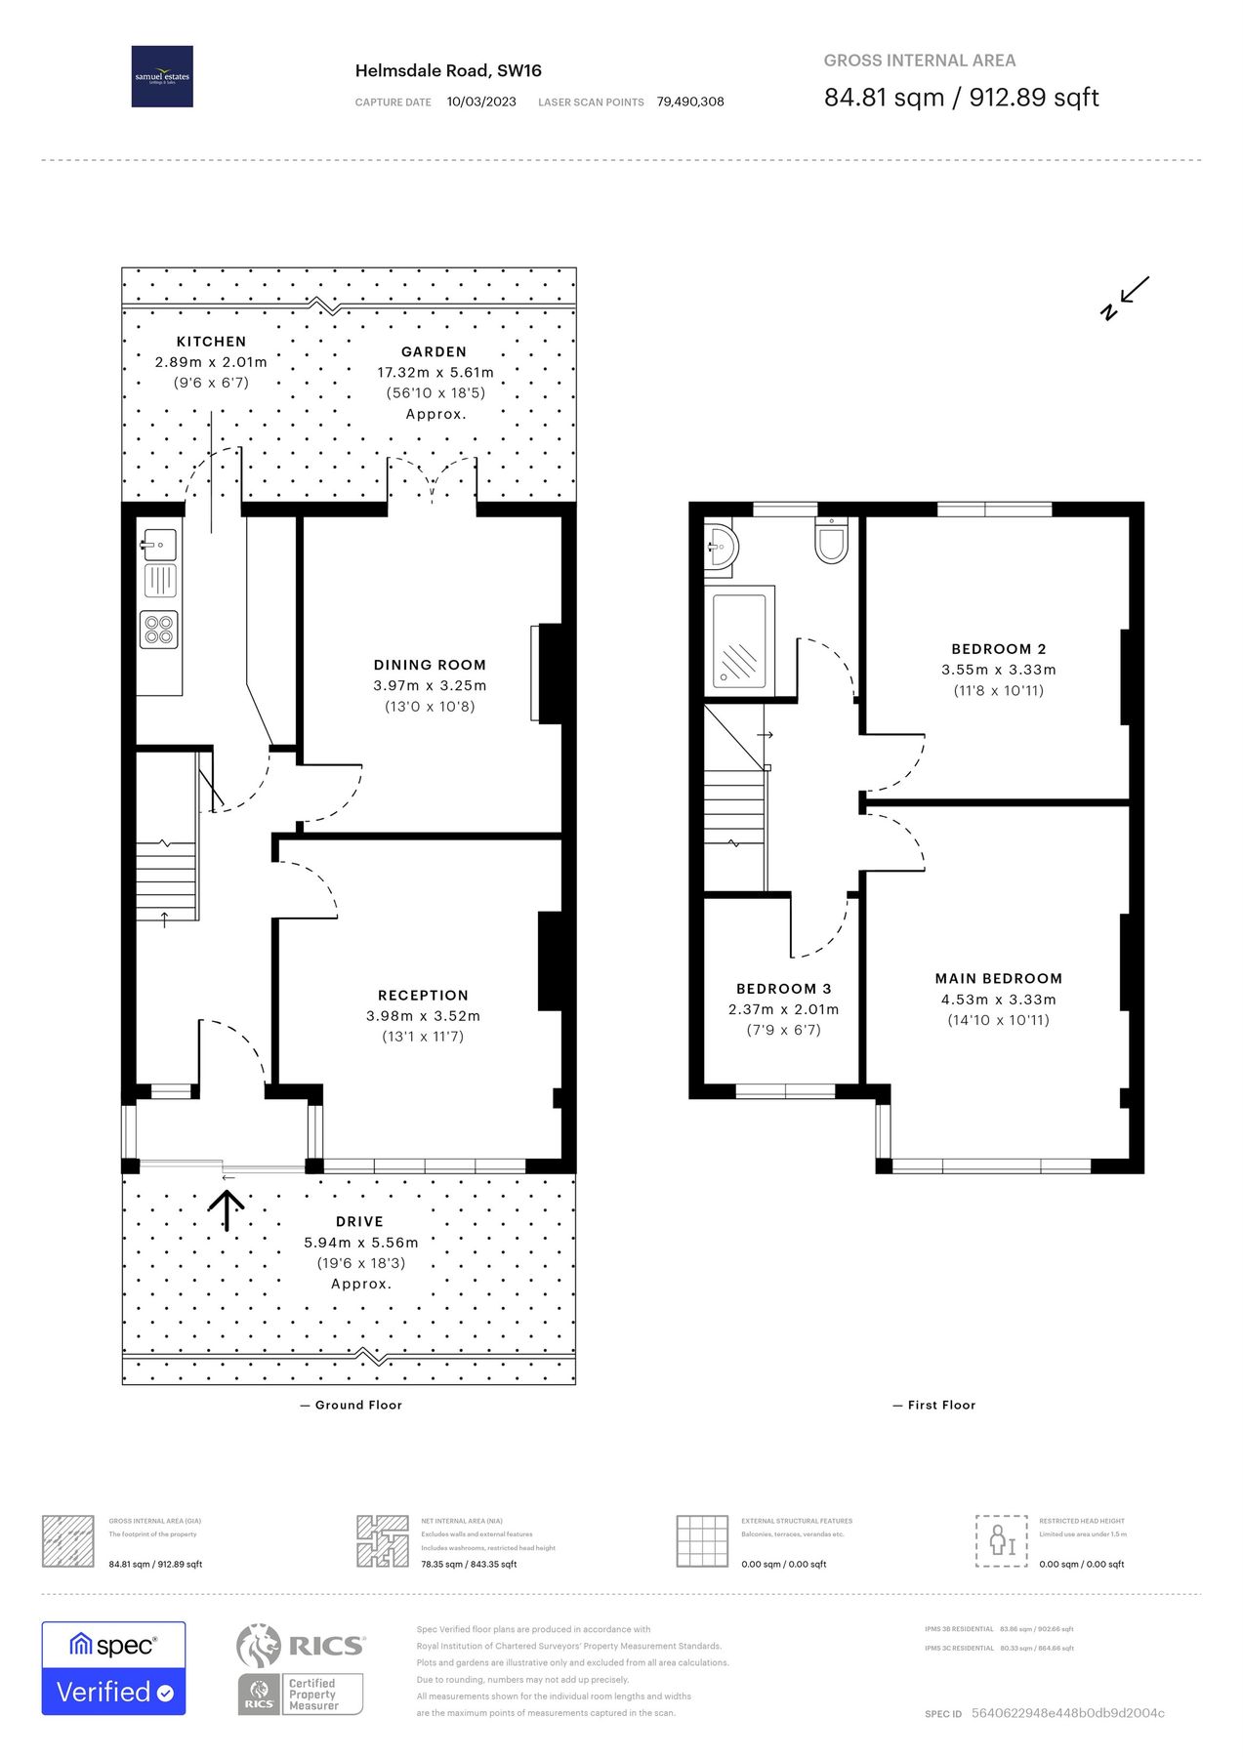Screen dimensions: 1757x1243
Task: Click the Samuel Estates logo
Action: pyautogui.click(x=162, y=76)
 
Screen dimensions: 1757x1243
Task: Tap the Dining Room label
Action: pyautogui.click(x=430, y=665)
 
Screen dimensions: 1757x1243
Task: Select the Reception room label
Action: pyautogui.click(x=423, y=995)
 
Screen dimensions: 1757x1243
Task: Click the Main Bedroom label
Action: pyautogui.click(x=998, y=978)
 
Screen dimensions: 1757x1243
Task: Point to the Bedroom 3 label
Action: pyautogui.click(x=783, y=989)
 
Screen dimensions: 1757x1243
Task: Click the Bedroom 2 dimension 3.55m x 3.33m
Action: pyautogui.click(x=998, y=670)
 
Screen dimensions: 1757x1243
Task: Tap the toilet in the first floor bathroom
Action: pyautogui.click(x=831, y=541)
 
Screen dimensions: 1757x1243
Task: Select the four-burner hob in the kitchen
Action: pyautogui.click(x=159, y=629)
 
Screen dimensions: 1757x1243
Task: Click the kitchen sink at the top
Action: pyautogui.click(x=157, y=545)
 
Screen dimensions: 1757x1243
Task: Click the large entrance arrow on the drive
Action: pyautogui.click(x=227, y=1210)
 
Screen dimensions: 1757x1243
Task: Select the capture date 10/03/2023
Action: pyautogui.click(x=481, y=102)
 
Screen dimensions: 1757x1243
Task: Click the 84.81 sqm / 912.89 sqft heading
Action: pyautogui.click(x=961, y=98)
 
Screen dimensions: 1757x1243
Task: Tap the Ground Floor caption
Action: pyautogui.click(x=352, y=1405)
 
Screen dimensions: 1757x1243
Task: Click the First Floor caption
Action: pyautogui.click(x=934, y=1405)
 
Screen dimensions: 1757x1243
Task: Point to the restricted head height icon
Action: pyautogui.click(x=1001, y=1540)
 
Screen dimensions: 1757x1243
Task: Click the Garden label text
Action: pyautogui.click(x=434, y=351)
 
